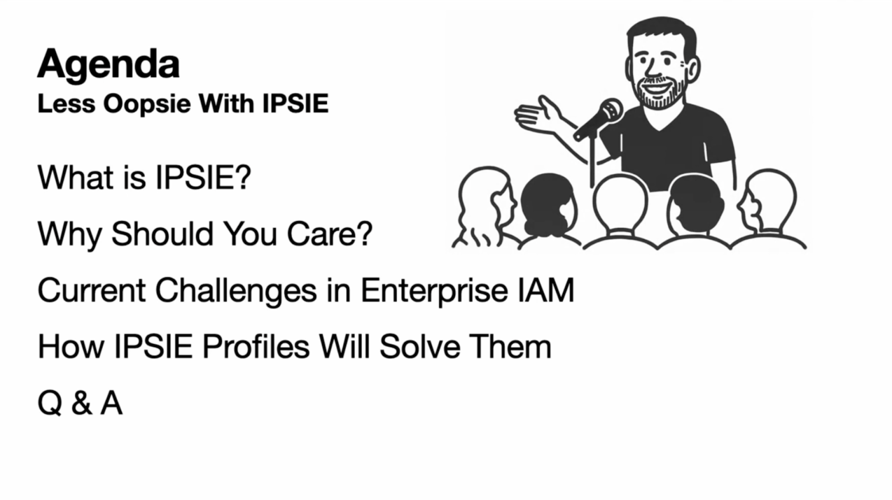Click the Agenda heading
[x=109, y=65]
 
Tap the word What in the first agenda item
[x=76, y=177]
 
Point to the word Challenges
[x=236, y=291]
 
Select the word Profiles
[x=256, y=346]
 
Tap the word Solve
[x=419, y=346]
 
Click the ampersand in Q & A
[x=82, y=403]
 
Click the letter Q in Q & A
[x=50, y=403]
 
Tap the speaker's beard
[x=659, y=94]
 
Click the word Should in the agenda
[x=162, y=234]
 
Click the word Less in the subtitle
[x=67, y=103]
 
